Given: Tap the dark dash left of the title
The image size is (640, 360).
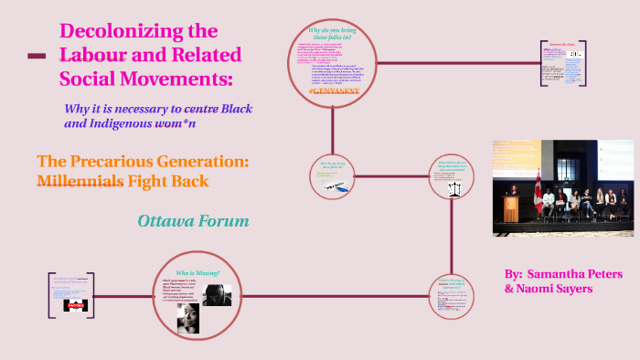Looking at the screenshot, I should [37, 57].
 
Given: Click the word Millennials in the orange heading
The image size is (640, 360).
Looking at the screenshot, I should [80, 181].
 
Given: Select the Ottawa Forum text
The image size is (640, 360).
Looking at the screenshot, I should [193, 221].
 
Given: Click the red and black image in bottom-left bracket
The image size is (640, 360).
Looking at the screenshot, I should [73, 308].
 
